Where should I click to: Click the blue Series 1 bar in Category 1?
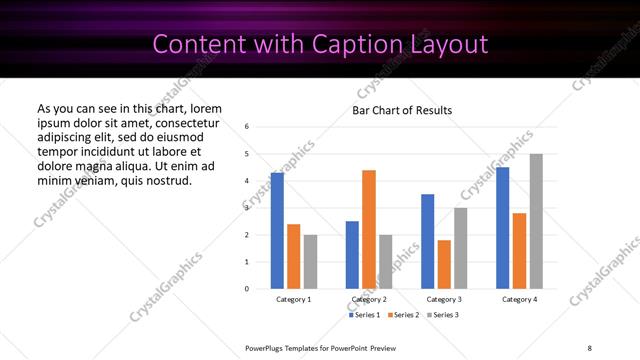pos(277,231)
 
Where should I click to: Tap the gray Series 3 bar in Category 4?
pos(536,221)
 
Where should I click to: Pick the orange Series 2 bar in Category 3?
pos(444,264)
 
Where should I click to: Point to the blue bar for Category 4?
pos(503,228)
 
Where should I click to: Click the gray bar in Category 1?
pos(310,262)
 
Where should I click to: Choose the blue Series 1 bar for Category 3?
pos(427,241)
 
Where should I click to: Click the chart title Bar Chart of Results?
pos(402,110)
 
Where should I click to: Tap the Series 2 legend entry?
pos(403,315)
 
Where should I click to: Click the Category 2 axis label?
pos(369,299)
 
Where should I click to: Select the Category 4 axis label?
pos(519,299)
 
